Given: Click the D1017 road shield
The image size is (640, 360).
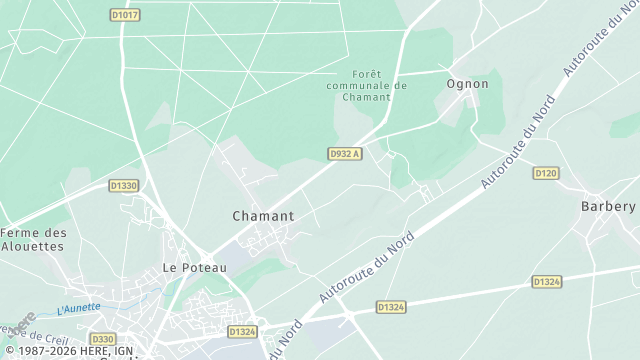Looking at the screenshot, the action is (x=125, y=15).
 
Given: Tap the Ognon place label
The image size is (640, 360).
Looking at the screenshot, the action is (x=468, y=84).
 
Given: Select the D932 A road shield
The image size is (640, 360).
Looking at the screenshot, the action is (x=344, y=153).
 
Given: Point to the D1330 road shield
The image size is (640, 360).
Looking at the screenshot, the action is (x=124, y=185).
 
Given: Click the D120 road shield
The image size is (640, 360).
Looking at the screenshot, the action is (x=545, y=173).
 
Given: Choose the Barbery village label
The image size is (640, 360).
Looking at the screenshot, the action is (x=608, y=206).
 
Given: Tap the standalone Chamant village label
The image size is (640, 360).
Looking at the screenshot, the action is (x=263, y=216).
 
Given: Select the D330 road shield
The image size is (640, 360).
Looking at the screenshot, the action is (x=103, y=339).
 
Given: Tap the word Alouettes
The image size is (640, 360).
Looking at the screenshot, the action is (x=33, y=245).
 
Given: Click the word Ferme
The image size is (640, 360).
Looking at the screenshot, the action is (x=22, y=233).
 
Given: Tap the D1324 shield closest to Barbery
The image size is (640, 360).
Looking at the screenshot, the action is (x=546, y=282).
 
